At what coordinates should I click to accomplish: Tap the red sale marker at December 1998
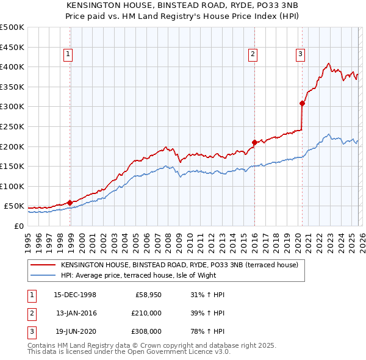[70, 203]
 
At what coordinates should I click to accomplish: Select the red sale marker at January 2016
[254, 143]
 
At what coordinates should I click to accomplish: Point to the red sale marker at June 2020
[302, 104]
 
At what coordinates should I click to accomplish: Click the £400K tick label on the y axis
[12, 67]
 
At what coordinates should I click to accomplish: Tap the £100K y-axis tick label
[12, 186]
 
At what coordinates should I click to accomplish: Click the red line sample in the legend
[42, 265]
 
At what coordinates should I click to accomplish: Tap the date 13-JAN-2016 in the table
[76, 313]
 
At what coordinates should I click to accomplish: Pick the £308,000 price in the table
[146, 332]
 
